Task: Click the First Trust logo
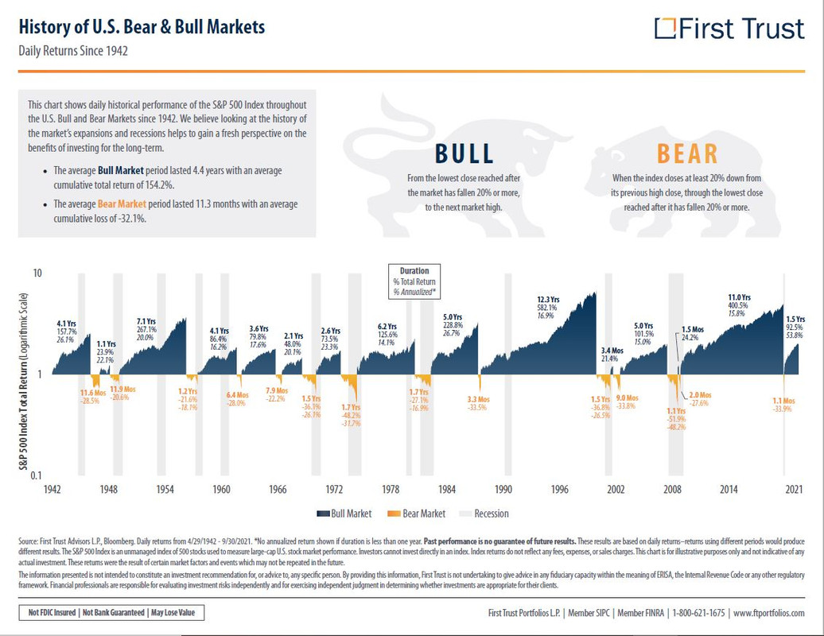click(729, 29)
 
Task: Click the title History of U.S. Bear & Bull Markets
click(142, 27)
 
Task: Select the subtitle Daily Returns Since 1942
click(73, 51)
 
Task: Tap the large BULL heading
click(464, 153)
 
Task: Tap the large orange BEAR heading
click(686, 153)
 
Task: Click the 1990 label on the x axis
click(503, 490)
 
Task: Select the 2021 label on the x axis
click(792, 490)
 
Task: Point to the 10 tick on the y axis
click(37, 273)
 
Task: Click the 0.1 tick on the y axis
click(36, 475)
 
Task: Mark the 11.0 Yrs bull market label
click(740, 298)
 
